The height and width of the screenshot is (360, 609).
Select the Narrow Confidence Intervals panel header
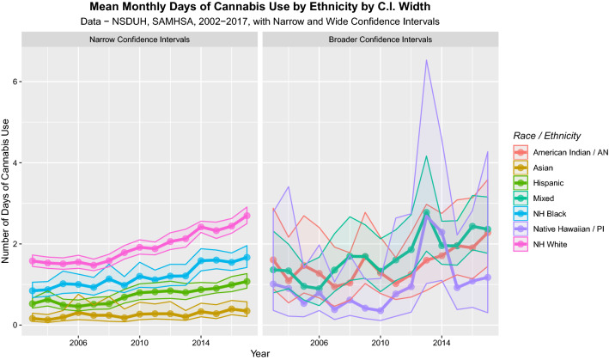click(x=139, y=40)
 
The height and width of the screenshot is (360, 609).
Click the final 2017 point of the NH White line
click(x=247, y=216)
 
